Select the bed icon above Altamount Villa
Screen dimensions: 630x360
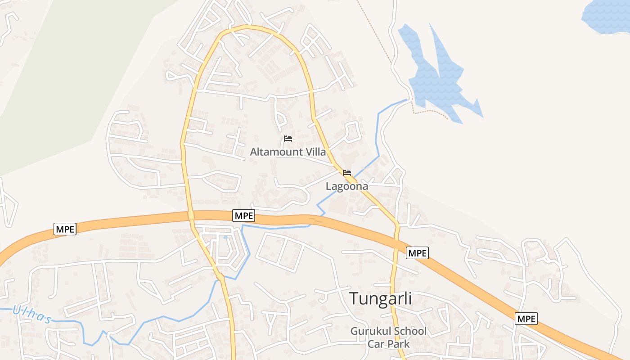tap(288, 139)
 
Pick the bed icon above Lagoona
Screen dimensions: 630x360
tap(346, 173)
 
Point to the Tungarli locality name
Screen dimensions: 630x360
tap(381, 298)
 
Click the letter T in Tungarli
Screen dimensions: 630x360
tap(354, 298)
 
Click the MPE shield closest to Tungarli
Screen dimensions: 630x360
tap(417, 253)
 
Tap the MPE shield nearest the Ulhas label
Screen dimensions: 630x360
tap(65, 229)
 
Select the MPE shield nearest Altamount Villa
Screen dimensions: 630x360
tap(244, 216)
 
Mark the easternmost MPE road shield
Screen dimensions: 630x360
tap(526, 319)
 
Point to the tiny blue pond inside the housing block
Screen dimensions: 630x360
tap(225, 237)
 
